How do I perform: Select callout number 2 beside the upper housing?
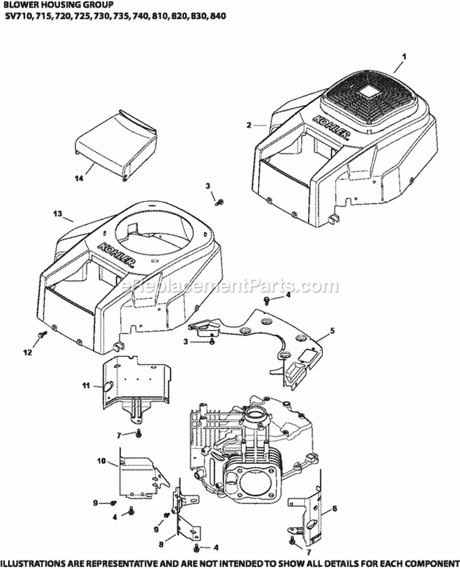pyautogui.click(x=248, y=125)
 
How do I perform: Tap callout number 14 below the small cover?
pyautogui.click(x=78, y=178)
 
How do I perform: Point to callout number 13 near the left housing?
pyautogui.click(x=58, y=213)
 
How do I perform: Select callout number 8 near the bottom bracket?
pyautogui.click(x=161, y=543)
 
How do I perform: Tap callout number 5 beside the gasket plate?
pyautogui.click(x=332, y=330)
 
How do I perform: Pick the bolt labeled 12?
pyautogui.click(x=41, y=335)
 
